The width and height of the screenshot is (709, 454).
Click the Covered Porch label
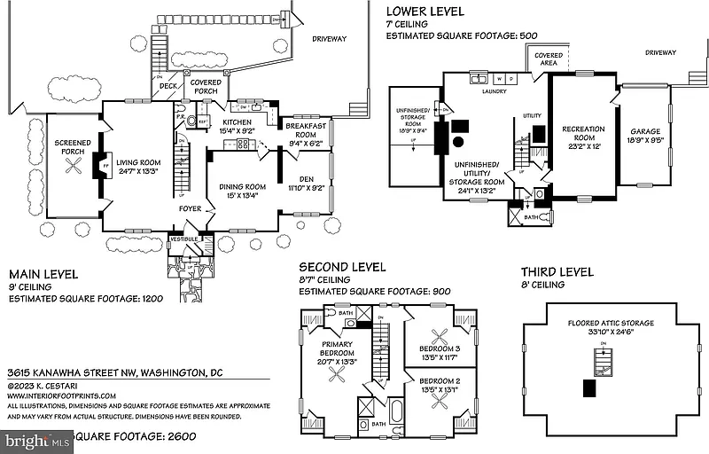(206, 87)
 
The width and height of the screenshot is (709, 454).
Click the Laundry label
(494, 90)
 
